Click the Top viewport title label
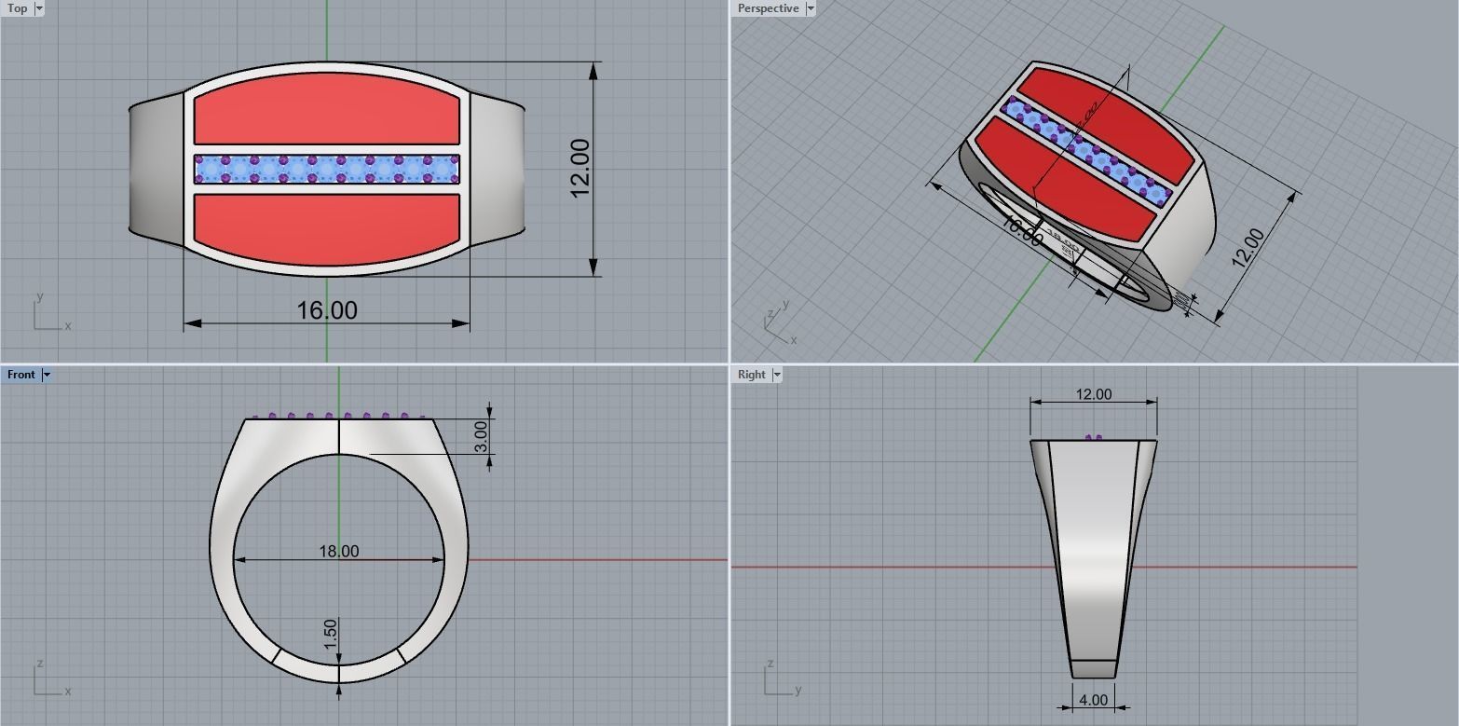point(17,8)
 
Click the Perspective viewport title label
point(768,8)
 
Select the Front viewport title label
point(20,375)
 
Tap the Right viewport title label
point(751,375)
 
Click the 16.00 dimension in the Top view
point(326,310)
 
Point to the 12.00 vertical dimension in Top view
point(580,169)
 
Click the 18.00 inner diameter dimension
point(338,551)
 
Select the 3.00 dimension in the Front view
point(480,436)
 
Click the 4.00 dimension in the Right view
point(1093,700)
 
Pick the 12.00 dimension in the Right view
point(1093,394)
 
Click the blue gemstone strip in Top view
point(326,169)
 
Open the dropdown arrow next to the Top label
point(39,8)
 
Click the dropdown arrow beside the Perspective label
point(811,8)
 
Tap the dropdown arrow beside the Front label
point(47,375)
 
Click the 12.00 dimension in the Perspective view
point(1248,248)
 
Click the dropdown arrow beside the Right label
point(777,375)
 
